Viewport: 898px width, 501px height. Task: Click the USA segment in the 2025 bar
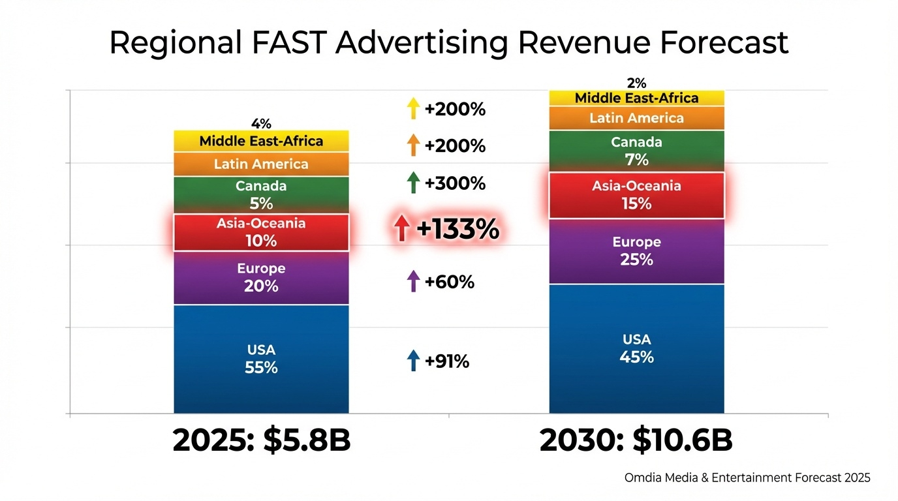coord(261,359)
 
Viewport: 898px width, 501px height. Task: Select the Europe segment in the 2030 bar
coord(636,251)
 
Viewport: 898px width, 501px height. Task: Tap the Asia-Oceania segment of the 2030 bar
coord(636,195)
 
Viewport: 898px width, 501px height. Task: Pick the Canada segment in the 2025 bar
coord(261,194)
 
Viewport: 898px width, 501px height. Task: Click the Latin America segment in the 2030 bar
coord(636,118)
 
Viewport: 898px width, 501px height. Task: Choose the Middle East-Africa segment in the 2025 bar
coord(261,141)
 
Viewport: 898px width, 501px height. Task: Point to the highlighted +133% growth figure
coord(457,230)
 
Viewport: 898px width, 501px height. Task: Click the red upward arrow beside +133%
coord(402,230)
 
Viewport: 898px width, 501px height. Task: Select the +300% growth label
coord(455,183)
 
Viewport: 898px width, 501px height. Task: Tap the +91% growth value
coord(447,361)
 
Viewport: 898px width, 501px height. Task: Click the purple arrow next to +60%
coord(412,282)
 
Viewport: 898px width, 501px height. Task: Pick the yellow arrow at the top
coord(412,109)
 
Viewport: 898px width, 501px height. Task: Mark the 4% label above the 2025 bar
coord(261,123)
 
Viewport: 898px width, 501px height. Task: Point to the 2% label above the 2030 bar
coord(636,83)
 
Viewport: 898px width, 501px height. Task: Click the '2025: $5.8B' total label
coord(261,441)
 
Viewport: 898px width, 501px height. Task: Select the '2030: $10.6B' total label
coord(636,441)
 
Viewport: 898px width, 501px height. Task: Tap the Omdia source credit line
coord(747,478)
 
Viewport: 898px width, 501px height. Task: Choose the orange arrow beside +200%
coord(412,145)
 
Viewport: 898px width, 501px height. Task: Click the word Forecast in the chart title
coord(724,43)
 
